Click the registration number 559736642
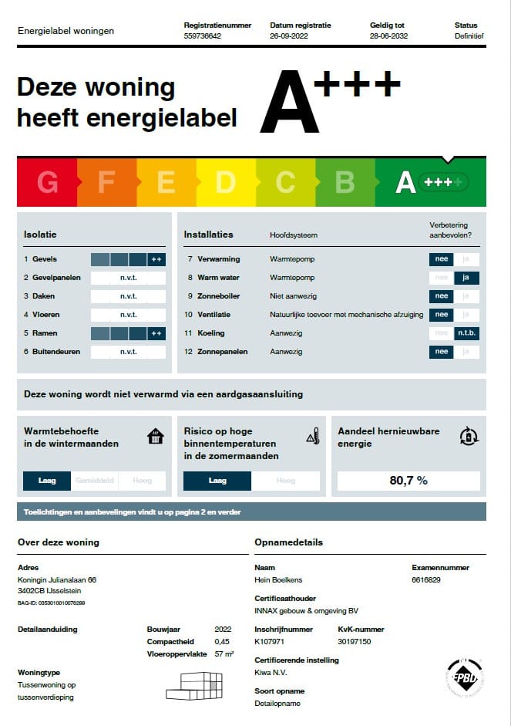202,36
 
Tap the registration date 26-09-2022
289,36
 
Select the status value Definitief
469,36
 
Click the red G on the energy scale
47,183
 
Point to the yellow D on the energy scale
225,183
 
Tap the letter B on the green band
345,183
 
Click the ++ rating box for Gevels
156,259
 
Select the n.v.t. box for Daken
128,296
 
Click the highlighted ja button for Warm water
466,278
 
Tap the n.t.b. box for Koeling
466,333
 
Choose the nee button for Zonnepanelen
442,352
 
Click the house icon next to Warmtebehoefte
156,437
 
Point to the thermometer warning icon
313,437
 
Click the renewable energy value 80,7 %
408,481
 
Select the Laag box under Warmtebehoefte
47,481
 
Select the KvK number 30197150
355,641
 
